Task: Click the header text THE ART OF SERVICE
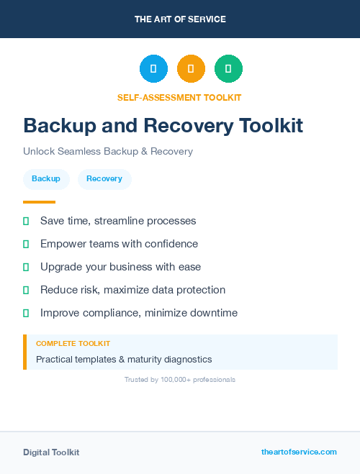(180, 19)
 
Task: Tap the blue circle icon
(153, 69)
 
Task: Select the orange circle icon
(191, 69)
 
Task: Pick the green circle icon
(228, 69)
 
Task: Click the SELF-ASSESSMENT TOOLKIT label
(179, 97)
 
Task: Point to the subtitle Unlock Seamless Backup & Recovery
(108, 152)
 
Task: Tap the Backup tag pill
(46, 179)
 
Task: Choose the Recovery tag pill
(104, 179)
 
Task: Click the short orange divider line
(39, 202)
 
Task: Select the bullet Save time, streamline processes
(118, 221)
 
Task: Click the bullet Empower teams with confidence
(119, 244)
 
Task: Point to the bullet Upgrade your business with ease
(120, 267)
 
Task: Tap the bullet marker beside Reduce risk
(26, 290)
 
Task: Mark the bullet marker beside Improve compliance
(26, 313)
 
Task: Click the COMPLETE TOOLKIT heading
(73, 344)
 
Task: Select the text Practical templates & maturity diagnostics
(124, 359)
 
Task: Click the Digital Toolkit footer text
(51, 452)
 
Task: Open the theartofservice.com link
(299, 452)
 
